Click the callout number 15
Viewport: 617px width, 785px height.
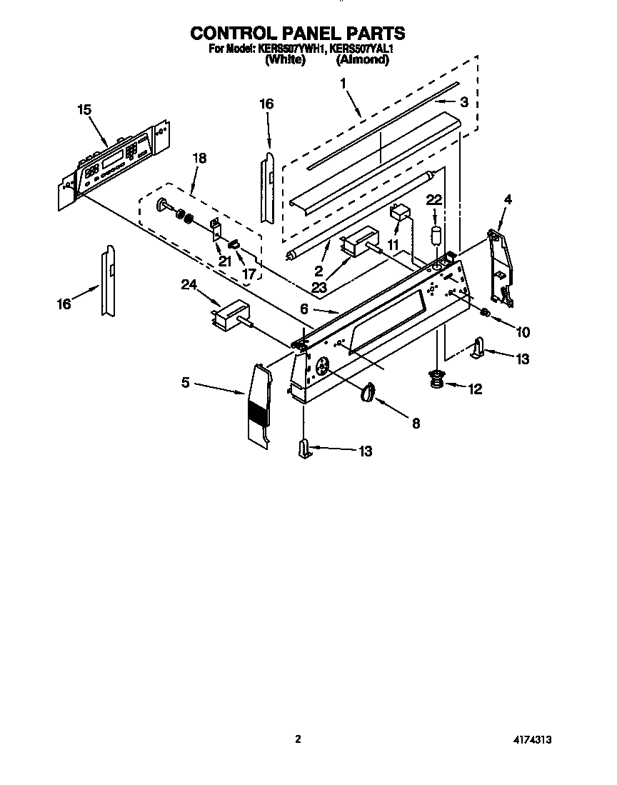point(84,109)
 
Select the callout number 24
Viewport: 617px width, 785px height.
point(189,286)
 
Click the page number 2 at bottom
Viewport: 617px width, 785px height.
point(299,740)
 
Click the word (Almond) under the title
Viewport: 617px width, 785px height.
point(362,61)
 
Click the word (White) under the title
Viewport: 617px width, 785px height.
point(285,61)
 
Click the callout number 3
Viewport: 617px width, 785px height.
point(464,102)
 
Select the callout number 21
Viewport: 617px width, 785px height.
point(225,261)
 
